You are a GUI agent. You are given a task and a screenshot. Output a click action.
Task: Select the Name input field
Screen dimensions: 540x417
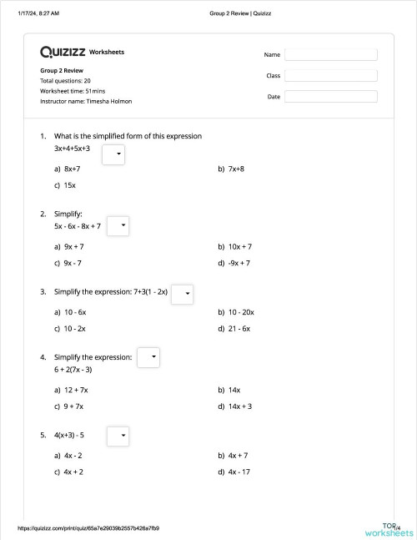[330, 54]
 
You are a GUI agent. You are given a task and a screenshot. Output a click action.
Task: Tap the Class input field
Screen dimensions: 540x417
[330, 75]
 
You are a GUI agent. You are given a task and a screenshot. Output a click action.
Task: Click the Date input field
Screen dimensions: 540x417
[330, 97]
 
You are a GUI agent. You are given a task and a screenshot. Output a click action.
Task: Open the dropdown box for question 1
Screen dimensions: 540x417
[113, 154]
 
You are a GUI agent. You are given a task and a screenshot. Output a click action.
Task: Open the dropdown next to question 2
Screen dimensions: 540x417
[118, 225]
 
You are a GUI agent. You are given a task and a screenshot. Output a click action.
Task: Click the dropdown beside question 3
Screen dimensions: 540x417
[183, 295]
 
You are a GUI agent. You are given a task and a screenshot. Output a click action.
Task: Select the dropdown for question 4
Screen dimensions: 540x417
[148, 357]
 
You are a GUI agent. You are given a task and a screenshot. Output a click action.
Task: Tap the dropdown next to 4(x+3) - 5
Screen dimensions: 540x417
[118, 435]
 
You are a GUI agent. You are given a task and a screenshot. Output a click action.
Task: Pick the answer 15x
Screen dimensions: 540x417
[69, 184]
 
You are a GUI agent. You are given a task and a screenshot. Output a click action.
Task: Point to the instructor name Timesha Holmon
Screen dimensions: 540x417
[86, 101]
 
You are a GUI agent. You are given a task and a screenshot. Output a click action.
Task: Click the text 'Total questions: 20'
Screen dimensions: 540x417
[65, 81]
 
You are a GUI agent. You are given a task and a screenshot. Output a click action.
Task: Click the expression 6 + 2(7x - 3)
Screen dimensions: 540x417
[73, 369]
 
